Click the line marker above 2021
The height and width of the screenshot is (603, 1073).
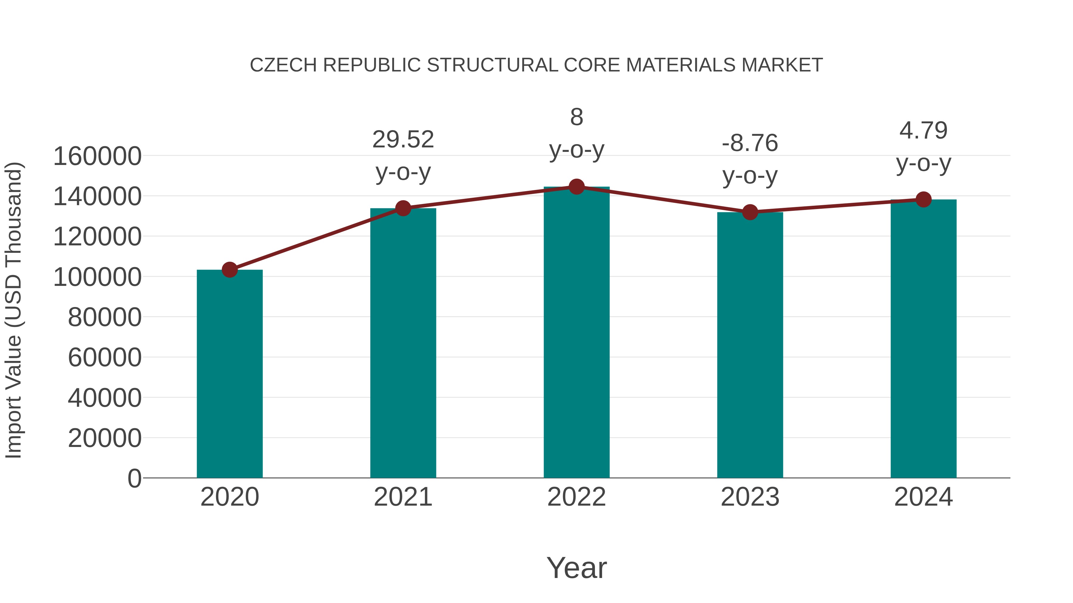click(403, 208)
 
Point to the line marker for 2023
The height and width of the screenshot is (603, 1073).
click(750, 212)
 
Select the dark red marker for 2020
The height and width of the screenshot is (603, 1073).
click(230, 270)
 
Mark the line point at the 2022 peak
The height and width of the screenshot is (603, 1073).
click(576, 187)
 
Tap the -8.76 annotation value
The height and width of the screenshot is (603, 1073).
click(750, 143)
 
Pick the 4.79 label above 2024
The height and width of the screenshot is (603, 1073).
click(923, 131)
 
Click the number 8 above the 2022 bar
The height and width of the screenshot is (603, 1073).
click(576, 117)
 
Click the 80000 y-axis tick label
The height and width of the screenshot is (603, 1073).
click(105, 317)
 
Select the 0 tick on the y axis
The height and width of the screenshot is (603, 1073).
click(134, 478)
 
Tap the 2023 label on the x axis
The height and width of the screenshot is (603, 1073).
click(750, 497)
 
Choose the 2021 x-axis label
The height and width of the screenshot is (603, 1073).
click(403, 497)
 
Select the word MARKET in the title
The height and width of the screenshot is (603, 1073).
click(782, 65)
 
